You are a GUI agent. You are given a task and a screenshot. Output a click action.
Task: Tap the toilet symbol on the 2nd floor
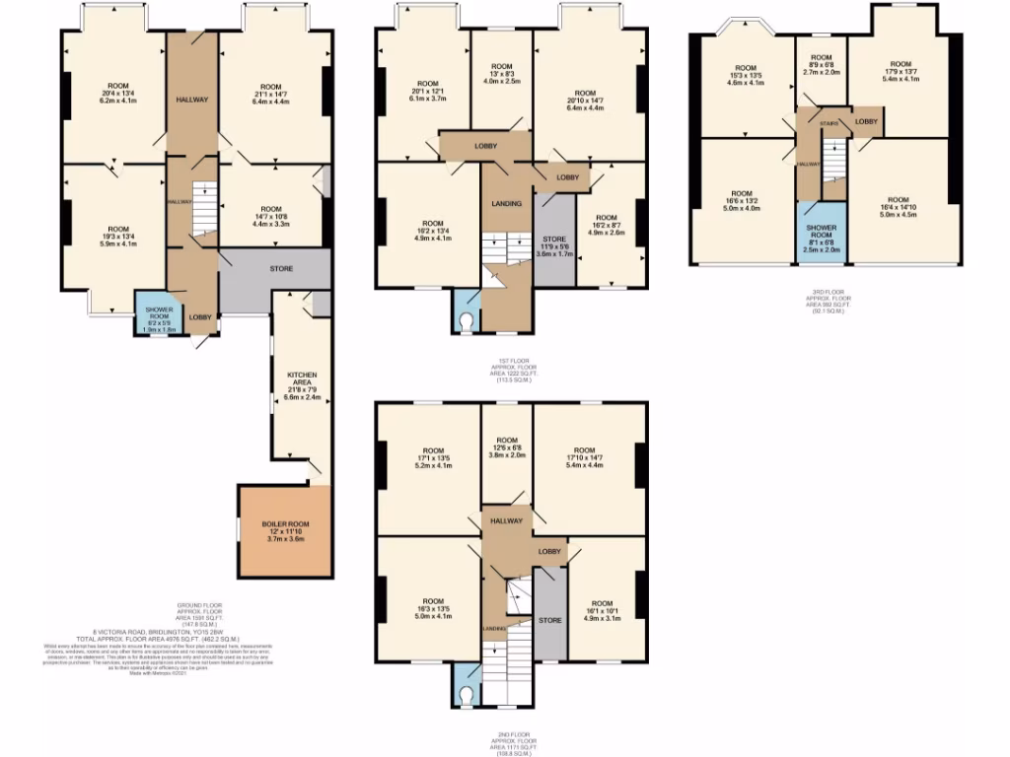[x=467, y=694]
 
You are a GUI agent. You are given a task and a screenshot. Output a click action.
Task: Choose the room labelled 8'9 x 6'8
[x=821, y=64]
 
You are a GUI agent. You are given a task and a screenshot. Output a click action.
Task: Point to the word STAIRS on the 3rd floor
[x=829, y=123]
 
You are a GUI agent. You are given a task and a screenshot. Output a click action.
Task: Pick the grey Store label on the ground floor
[x=282, y=267]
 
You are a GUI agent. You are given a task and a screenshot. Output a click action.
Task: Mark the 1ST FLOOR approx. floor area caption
[x=511, y=372]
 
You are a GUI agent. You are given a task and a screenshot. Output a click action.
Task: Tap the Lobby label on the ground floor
[x=200, y=317]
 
